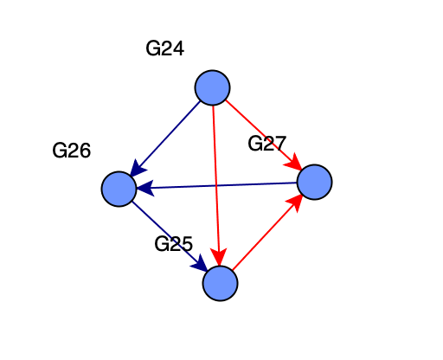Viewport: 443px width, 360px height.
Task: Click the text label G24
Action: [x=165, y=48]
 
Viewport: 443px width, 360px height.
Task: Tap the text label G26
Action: [x=72, y=151]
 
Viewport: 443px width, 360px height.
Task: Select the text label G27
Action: [x=266, y=144]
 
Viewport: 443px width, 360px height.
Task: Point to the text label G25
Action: [x=173, y=244]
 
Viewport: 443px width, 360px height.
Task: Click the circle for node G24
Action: [x=212, y=87]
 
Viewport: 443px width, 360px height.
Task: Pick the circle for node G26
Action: [x=119, y=189]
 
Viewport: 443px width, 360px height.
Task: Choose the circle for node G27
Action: [x=314, y=182]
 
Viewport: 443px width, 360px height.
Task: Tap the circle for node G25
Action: [x=220, y=284]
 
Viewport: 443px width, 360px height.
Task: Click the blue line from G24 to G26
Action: [x=165, y=138]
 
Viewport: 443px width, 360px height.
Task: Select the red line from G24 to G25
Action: [x=216, y=185]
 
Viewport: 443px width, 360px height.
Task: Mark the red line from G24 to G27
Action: [x=264, y=135]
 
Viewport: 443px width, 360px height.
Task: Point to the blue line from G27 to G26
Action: [x=216, y=185]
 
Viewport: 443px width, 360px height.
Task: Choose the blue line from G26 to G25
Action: [x=170, y=236]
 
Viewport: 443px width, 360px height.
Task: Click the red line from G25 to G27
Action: [x=267, y=232]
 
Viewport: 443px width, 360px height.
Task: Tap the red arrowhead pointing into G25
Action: [x=219, y=256]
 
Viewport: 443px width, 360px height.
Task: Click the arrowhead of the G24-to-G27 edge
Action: [x=293, y=162]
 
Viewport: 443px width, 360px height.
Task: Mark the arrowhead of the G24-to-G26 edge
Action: [x=138, y=168]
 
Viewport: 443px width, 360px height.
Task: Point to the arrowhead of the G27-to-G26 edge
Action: [x=144, y=189]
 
